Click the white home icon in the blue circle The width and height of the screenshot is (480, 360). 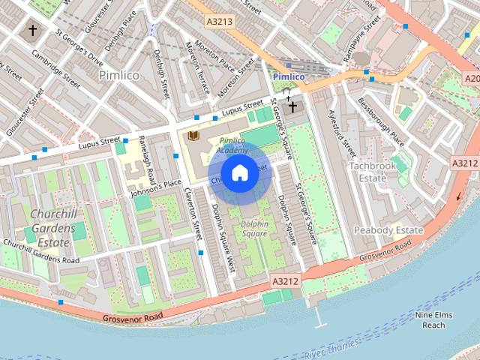click(x=238, y=172)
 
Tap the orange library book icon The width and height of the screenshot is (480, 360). click(x=193, y=135)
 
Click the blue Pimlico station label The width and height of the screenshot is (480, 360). click(x=288, y=76)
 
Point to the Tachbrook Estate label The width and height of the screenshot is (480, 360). click(x=367, y=172)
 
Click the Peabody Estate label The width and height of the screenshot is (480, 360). click(x=388, y=229)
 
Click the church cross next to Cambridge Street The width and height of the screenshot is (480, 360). click(x=32, y=31)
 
